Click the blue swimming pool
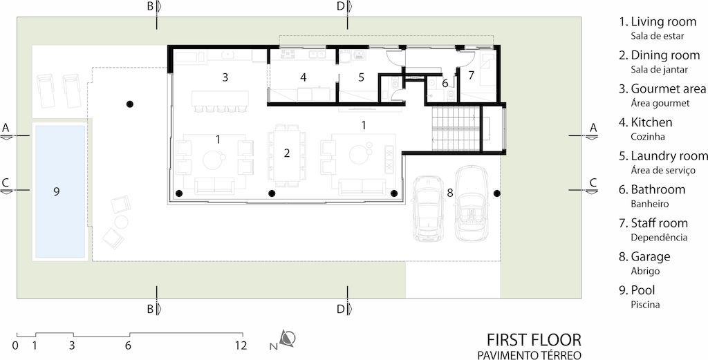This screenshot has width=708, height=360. pyautogui.click(x=60, y=191)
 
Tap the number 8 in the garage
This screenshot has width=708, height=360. pyautogui.click(x=449, y=193)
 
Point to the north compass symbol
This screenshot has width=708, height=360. pyautogui.click(x=287, y=338)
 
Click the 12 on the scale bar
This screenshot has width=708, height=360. pyautogui.click(x=241, y=345)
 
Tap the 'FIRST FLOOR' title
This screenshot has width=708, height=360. pyautogui.click(x=534, y=340)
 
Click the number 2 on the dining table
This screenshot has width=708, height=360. pyautogui.click(x=287, y=153)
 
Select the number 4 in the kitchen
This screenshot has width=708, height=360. pyautogui.click(x=304, y=77)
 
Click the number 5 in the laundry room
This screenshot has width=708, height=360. pyautogui.click(x=361, y=77)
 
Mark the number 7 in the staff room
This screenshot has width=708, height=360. pyautogui.click(x=472, y=75)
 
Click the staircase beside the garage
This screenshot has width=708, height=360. pyautogui.click(x=456, y=129)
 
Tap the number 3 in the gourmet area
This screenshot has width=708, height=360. pyautogui.click(x=225, y=77)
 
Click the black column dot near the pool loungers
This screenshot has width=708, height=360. pyautogui.click(x=129, y=104)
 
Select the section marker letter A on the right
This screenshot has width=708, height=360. pyautogui.click(x=593, y=128)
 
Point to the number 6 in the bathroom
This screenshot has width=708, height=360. pyautogui.click(x=445, y=84)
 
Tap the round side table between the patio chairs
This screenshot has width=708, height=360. pyautogui.click(x=121, y=222)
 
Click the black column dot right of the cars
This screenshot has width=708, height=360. pyautogui.click(x=497, y=193)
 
